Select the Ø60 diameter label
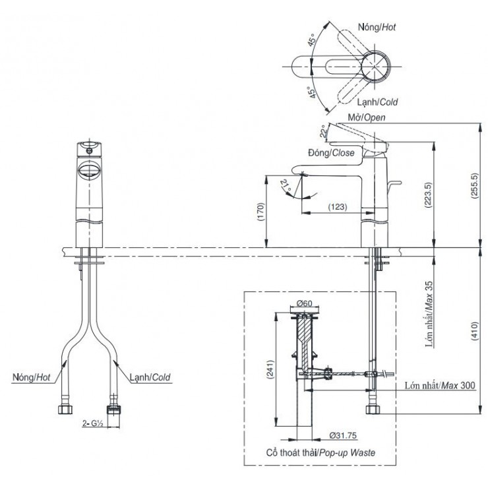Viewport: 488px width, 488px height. pyautogui.click(x=304, y=303)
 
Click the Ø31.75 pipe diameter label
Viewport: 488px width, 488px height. pyautogui.click(x=342, y=435)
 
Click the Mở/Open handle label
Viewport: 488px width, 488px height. pyautogui.click(x=366, y=117)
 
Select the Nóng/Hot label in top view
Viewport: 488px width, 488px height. pyautogui.click(x=377, y=27)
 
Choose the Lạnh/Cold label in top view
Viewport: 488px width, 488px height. pyautogui.click(x=377, y=103)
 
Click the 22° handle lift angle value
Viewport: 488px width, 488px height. pyautogui.click(x=322, y=131)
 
